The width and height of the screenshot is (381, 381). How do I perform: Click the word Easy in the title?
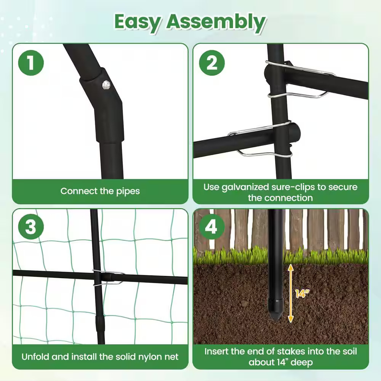[x=137, y=22]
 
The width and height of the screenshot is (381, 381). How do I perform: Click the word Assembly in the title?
[x=215, y=22]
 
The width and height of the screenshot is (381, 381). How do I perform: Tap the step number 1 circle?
[x=31, y=62]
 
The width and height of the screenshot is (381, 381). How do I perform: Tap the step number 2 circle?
[x=211, y=62]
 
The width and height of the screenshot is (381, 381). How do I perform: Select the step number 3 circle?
[x=31, y=227]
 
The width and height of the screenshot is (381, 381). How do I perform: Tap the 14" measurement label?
[x=302, y=294]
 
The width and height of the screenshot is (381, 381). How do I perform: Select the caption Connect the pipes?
[x=100, y=191]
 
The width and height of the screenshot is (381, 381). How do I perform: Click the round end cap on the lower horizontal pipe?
[x=296, y=133]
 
